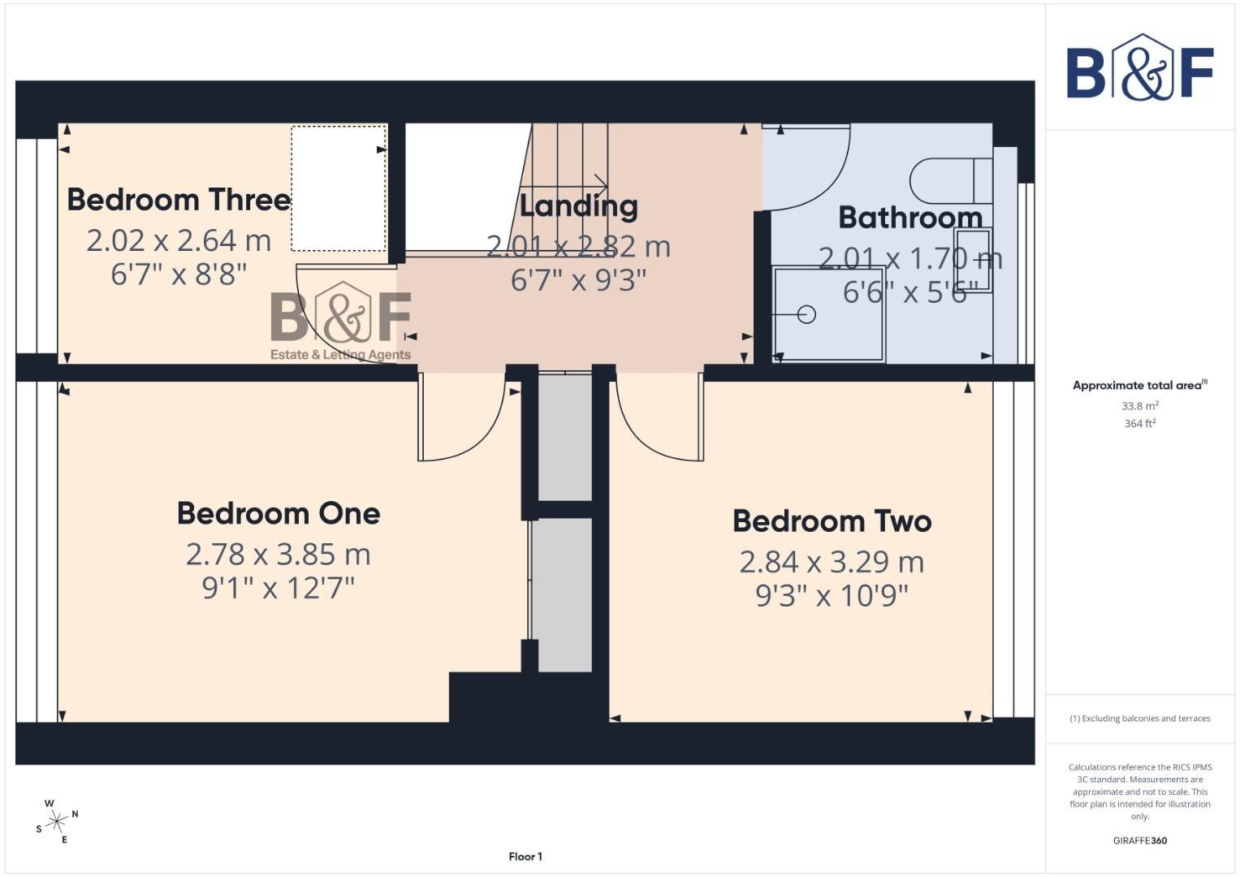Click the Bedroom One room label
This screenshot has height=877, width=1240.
pos(279,513)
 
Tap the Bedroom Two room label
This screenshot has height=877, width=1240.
pos(832,521)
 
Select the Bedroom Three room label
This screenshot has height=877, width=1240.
pos(179,200)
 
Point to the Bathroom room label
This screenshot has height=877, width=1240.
pos(910,218)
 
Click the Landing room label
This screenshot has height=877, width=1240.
pos(578,206)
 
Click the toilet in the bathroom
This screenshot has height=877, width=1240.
pos(950,180)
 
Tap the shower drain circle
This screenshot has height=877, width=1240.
pos(806,314)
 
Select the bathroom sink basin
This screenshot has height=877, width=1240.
pos(974,260)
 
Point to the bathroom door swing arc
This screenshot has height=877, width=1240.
pos(808,166)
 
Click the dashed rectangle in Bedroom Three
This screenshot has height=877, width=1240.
pos(339,188)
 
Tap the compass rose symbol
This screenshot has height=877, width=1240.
pos(57,822)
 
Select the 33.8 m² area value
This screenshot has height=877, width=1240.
pos(1139,406)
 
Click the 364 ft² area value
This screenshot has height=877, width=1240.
pos(1139,424)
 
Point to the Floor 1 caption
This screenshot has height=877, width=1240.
pos(525,857)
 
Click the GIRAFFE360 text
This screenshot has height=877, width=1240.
pos(1139,840)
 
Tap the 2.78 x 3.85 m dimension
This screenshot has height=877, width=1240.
pos(279,555)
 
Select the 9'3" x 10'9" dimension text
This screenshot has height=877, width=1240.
pos(832,596)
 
